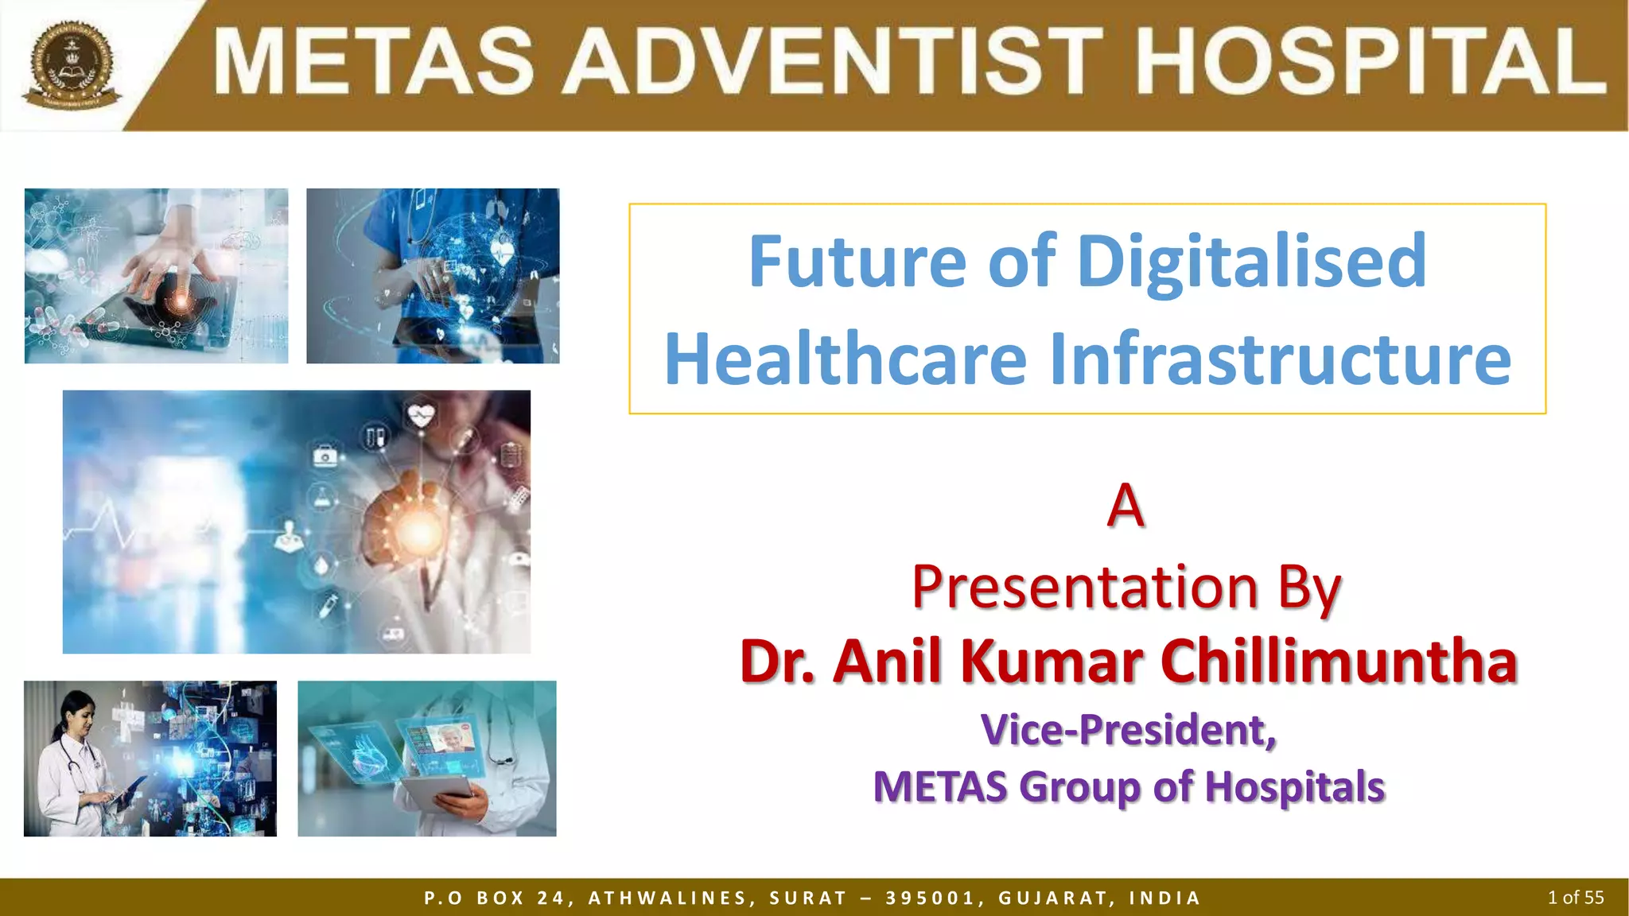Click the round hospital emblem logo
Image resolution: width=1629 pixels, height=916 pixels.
coord(72,65)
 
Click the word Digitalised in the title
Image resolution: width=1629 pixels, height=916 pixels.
coord(1252,262)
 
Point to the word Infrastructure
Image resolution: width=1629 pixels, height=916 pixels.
coord(1280,359)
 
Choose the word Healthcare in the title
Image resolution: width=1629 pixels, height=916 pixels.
coord(846,359)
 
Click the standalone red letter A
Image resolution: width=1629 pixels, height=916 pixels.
coord(1126,506)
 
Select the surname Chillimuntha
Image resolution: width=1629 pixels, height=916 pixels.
coord(1339,662)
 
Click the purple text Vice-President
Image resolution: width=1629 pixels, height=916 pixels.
coord(1129,730)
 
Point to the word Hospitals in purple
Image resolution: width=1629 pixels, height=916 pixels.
coord(1294,787)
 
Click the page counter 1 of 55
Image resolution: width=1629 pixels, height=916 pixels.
coord(1575,898)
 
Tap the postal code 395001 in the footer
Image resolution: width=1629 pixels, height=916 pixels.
coord(930,899)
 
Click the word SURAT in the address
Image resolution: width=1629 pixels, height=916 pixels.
coord(807,899)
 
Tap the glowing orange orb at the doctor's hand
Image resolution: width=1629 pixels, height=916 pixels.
coord(419,531)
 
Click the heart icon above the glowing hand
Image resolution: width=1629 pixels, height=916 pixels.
coord(421,414)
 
